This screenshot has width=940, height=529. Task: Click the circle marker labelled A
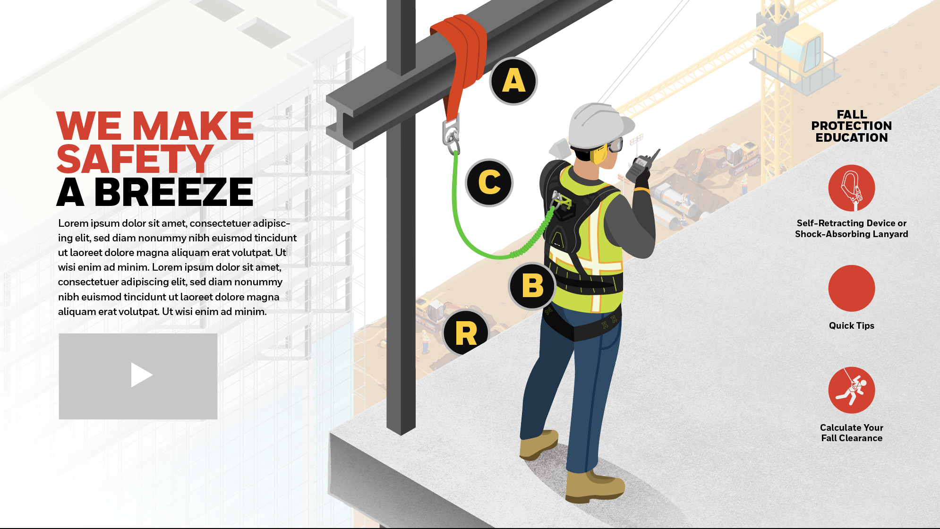pos(513,81)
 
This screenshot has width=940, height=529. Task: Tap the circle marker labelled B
pos(532,286)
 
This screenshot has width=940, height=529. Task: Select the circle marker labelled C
pos(489,183)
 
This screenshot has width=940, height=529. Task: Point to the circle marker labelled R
pos(466,333)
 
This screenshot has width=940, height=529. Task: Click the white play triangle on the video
pos(140,375)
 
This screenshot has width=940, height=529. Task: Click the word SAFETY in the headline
pos(135,159)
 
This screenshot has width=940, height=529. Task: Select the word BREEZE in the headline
pos(174,192)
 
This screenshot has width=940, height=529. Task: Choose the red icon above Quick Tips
pos(852,288)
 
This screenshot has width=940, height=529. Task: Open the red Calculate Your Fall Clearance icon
pos(852,390)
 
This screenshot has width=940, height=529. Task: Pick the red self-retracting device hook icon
pos(852,188)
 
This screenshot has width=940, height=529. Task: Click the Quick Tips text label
pos(852,325)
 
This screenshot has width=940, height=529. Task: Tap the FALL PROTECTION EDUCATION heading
pos(852,126)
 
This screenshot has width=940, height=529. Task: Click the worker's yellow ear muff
pos(598,154)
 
